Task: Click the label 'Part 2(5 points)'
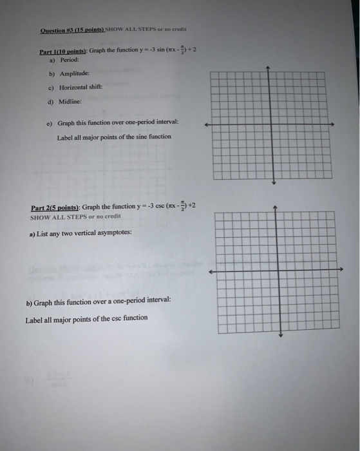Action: [55, 207]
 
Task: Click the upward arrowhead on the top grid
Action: [274, 67]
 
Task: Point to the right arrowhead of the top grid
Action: [332, 124]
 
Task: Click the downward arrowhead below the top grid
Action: [274, 182]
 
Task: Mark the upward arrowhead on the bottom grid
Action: [276, 207]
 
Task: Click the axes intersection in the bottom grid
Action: [276, 271]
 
